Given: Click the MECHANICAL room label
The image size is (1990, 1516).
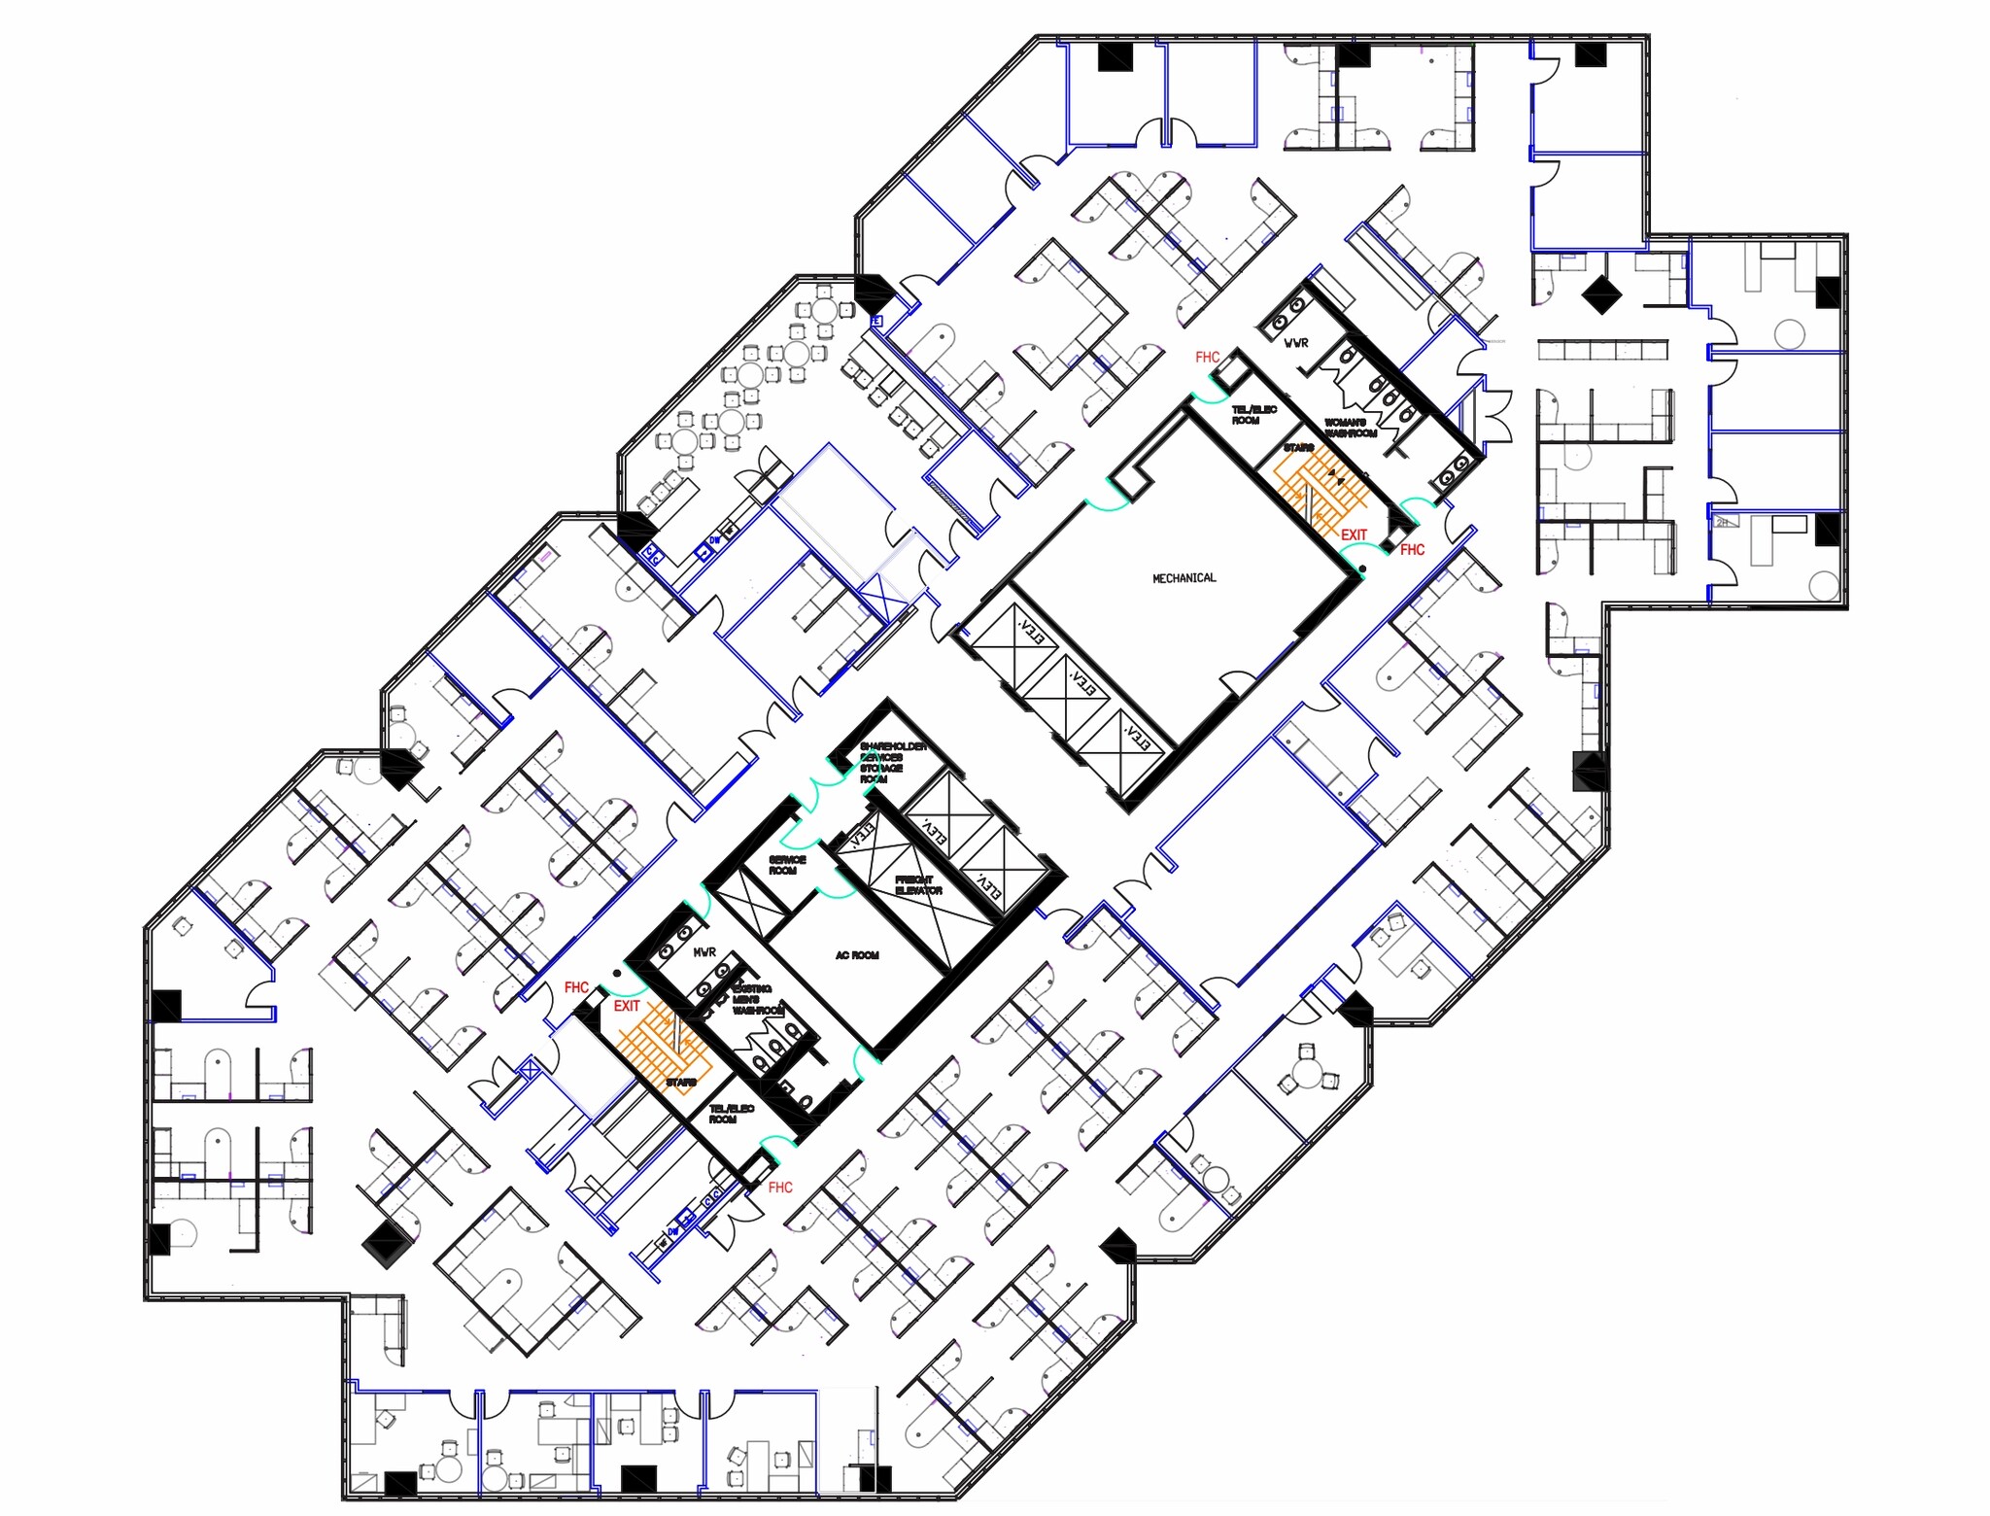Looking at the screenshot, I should click(1184, 578).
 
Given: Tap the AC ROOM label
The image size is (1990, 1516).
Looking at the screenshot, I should click(857, 956).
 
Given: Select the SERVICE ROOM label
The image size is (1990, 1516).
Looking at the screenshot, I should click(787, 865).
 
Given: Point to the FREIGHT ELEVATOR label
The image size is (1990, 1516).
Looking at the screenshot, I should click(918, 885).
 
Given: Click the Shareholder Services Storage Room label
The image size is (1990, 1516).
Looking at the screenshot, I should click(892, 763).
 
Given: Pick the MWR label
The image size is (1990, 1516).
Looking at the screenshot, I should click(704, 952).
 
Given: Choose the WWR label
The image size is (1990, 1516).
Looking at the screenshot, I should click(1296, 343).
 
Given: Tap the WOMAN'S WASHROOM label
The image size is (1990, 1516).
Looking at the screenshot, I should click(1350, 428).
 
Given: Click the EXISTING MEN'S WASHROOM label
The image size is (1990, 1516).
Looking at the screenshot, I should click(753, 1000).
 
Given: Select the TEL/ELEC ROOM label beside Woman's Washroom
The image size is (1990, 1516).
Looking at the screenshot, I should click(1253, 415).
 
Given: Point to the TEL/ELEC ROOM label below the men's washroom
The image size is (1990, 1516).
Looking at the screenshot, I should click(731, 1114).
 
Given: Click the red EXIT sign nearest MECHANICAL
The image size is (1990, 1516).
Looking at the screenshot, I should click(1354, 534).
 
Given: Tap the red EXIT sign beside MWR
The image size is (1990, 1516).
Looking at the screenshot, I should click(627, 1006).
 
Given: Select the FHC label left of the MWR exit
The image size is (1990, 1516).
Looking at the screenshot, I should click(576, 987).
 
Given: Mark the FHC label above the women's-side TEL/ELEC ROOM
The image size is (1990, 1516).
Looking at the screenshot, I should click(1207, 358).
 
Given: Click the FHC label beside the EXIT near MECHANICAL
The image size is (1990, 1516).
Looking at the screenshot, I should click(1412, 550).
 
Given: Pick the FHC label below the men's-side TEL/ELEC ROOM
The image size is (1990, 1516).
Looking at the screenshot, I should click(780, 1188).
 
